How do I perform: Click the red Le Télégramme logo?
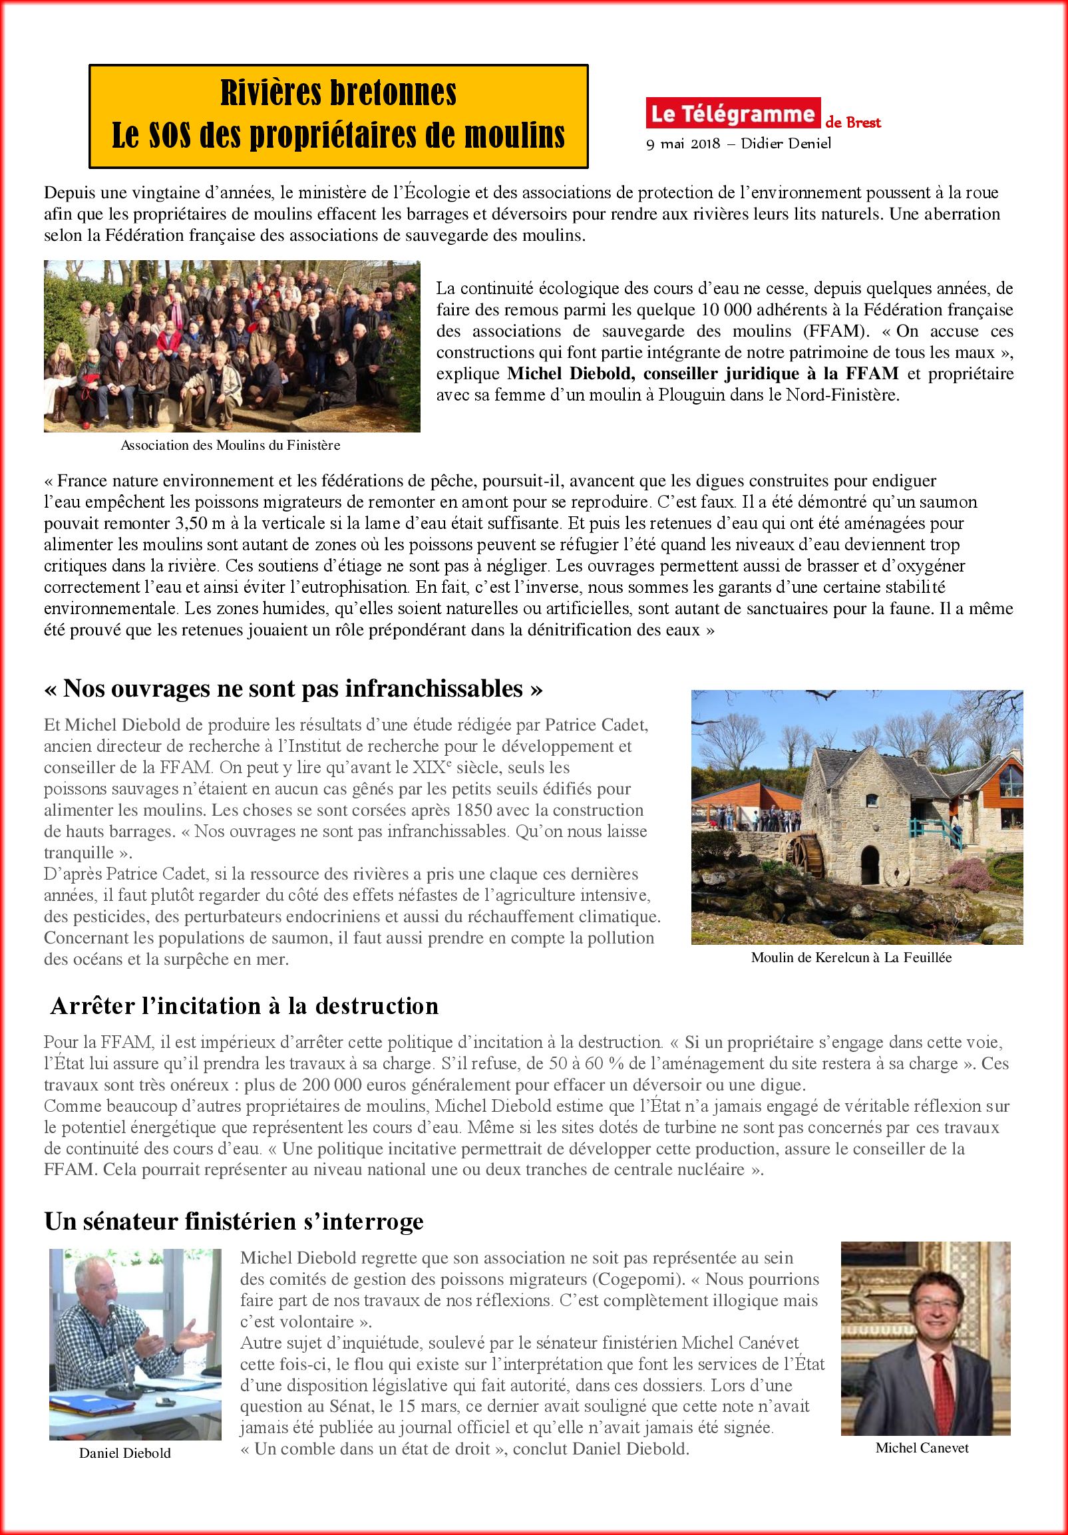(732, 114)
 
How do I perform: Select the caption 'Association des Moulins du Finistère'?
(231, 445)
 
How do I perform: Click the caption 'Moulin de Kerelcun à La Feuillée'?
(851, 957)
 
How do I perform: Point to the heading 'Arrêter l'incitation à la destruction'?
(245, 1005)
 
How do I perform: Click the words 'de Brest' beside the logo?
(862, 123)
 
